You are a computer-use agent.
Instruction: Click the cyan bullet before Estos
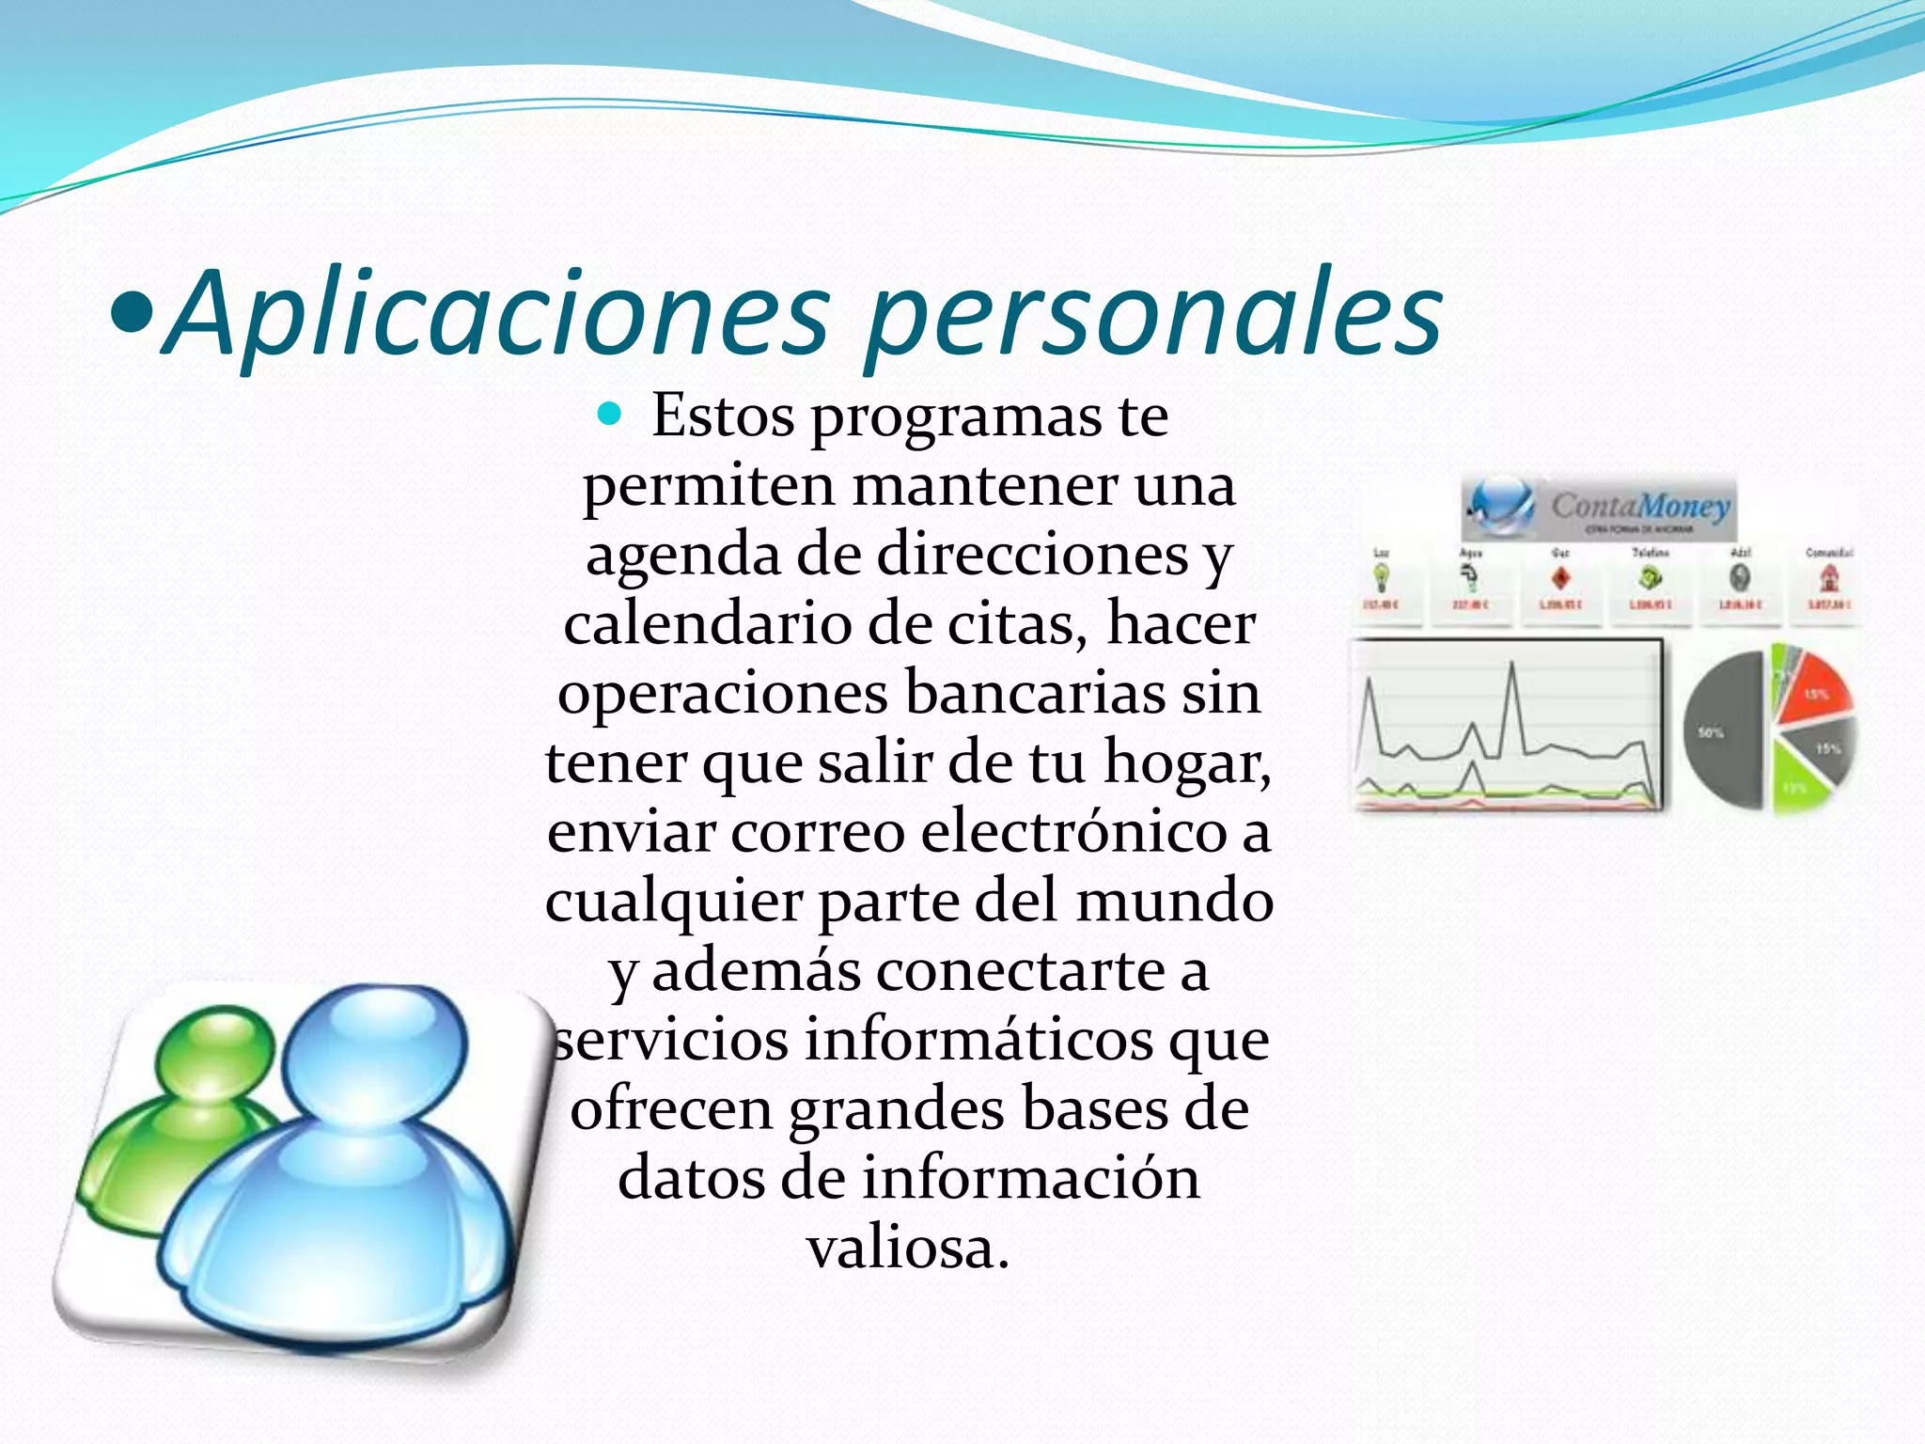610,414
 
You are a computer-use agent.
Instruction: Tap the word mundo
1175,901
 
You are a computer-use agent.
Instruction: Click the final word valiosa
908,1248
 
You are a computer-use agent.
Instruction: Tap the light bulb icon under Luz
1382,576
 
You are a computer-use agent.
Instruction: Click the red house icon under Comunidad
1828,576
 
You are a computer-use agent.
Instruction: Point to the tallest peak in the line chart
1512,666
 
